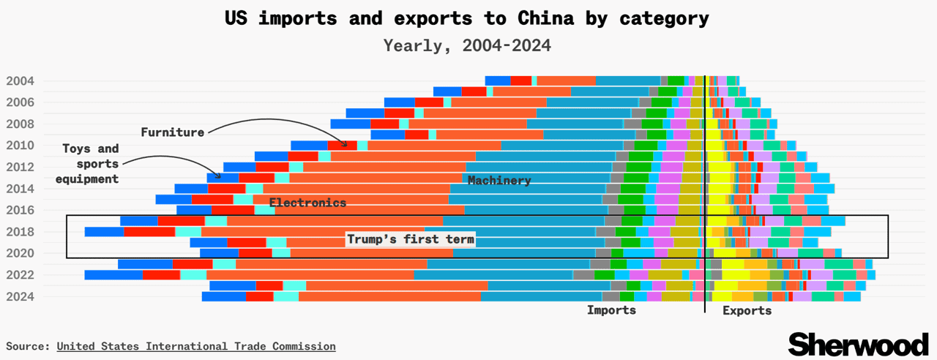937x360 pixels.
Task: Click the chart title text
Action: pyautogui.click(x=467, y=18)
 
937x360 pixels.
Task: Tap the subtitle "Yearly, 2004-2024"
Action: pyautogui.click(x=467, y=45)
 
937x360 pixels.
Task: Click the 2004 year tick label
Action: pyautogui.click(x=20, y=80)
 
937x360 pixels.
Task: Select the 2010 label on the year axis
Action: pyautogui.click(x=20, y=146)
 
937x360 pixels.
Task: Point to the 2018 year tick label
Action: pyautogui.click(x=20, y=232)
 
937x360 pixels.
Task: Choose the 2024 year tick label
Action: pyautogui.click(x=20, y=296)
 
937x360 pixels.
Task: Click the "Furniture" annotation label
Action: pyautogui.click(x=172, y=132)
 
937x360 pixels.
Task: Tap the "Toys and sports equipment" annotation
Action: pyautogui.click(x=90, y=164)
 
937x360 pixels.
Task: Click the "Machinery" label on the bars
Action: pyautogui.click(x=499, y=180)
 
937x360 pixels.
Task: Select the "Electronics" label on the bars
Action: pyautogui.click(x=307, y=203)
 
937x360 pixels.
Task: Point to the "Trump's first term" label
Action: pyautogui.click(x=411, y=239)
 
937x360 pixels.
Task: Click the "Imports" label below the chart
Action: pyautogui.click(x=611, y=310)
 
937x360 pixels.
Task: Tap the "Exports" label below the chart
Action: pyautogui.click(x=747, y=310)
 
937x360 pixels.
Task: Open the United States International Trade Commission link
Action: pyautogui.click(x=196, y=346)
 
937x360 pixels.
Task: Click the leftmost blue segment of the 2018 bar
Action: pyautogui.click(x=104, y=232)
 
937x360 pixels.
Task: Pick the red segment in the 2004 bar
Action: pyautogui.click(x=521, y=80)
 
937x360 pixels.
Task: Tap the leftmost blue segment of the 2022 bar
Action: pyautogui.click(x=113, y=275)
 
